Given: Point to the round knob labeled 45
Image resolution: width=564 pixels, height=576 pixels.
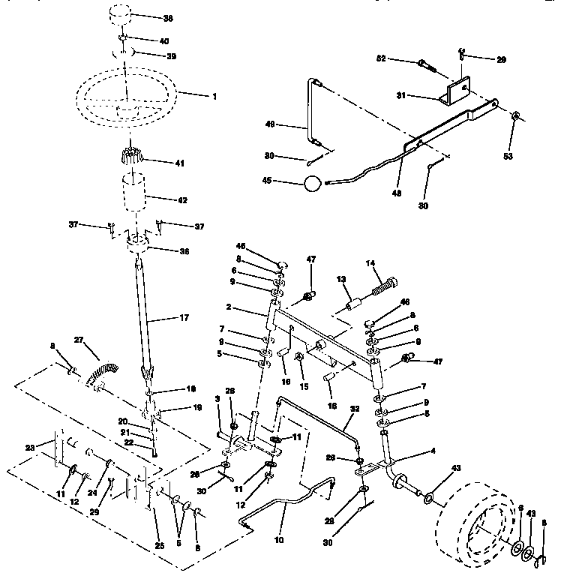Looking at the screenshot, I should point(313,183).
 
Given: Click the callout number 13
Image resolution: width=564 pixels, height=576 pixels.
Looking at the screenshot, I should point(340,279).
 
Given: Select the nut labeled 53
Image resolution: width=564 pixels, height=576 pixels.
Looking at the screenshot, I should point(516,118).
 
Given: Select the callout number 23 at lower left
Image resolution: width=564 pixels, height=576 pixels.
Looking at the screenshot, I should point(31,448).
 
